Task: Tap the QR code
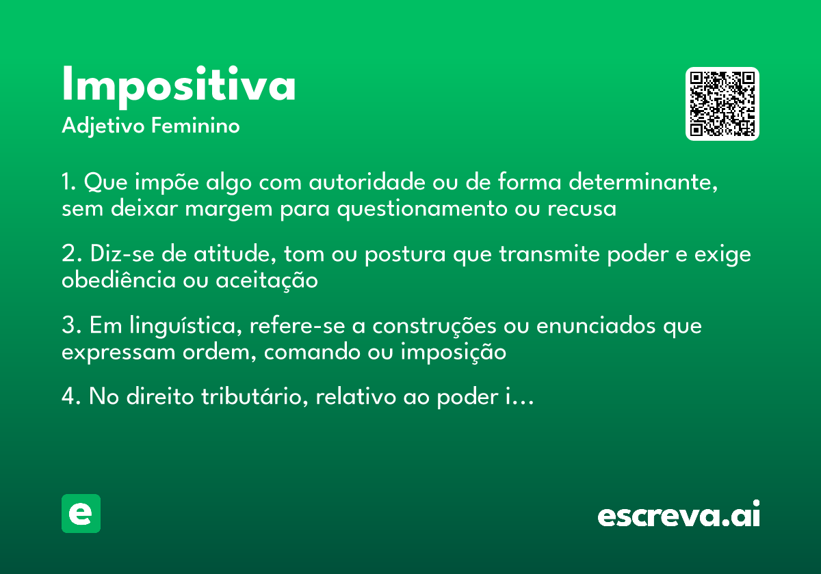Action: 722,104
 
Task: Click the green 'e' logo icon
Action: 81,513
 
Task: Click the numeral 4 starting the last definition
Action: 67,398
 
